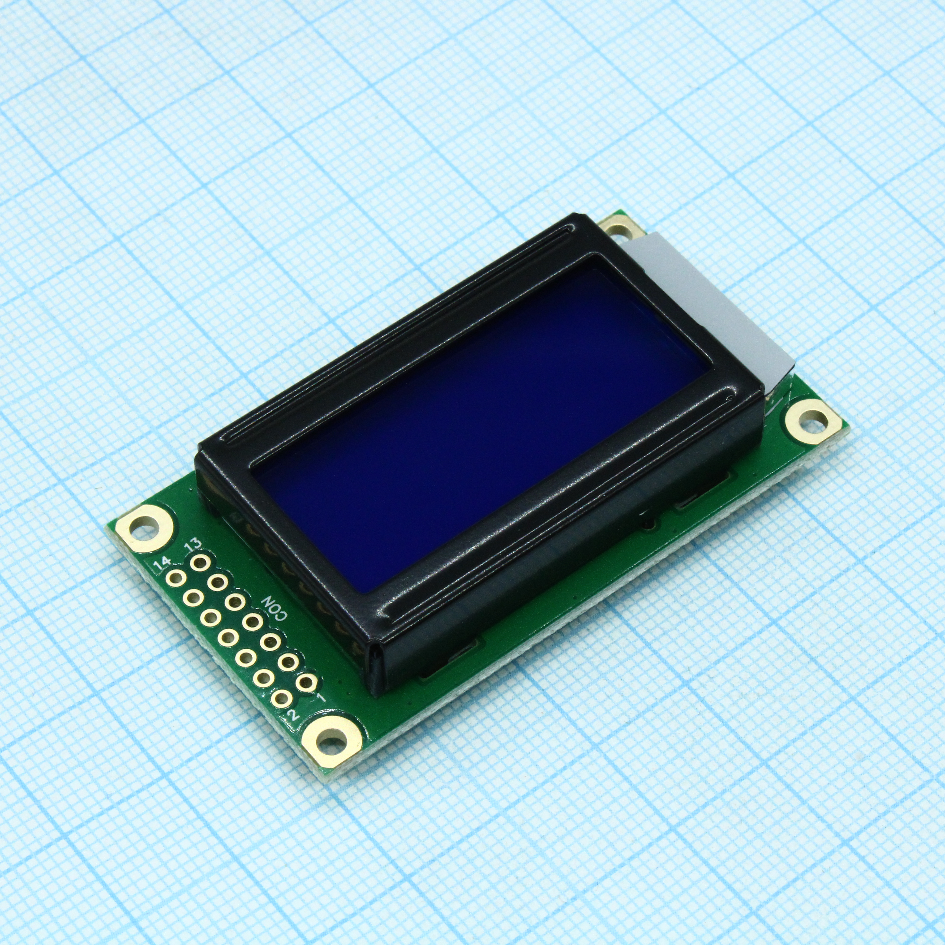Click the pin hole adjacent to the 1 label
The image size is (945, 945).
click(306, 682)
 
